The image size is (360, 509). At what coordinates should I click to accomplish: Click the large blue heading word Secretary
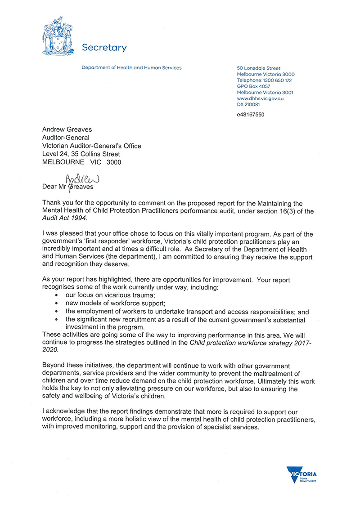(104, 48)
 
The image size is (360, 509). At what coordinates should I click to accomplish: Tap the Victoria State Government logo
(301, 474)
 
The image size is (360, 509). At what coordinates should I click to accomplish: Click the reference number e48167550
(251, 115)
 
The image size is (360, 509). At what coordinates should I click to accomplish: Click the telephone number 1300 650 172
(274, 80)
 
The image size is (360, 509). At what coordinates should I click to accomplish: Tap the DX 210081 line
(248, 104)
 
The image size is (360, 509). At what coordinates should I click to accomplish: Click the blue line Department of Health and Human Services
(131, 68)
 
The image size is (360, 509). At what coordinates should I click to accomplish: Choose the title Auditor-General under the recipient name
(66, 138)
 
